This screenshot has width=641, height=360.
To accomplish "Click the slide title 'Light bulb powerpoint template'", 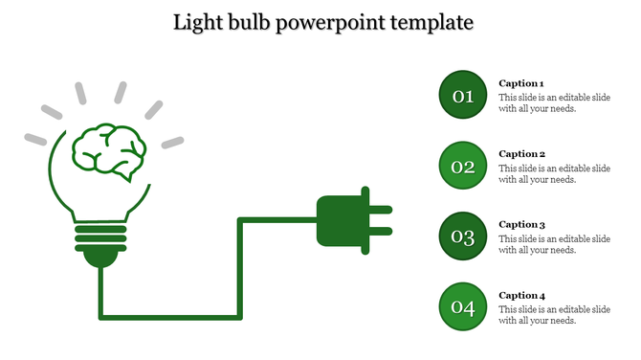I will click(323, 21).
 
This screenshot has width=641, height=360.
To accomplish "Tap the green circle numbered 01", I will click(463, 95).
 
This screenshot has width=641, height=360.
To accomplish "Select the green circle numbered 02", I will click(463, 166).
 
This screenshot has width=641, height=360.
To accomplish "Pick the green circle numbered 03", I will click(463, 236).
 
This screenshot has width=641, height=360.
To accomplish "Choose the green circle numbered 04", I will click(463, 306).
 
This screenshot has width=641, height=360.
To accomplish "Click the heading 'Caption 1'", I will click(521, 83).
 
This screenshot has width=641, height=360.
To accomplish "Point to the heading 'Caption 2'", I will click(521, 153).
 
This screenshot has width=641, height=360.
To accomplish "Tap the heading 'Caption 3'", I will click(521, 224).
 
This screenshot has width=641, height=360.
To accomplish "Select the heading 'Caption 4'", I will click(521, 295).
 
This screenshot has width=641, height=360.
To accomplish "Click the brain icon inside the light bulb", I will click(108, 151).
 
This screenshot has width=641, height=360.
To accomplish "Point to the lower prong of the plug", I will click(379, 231).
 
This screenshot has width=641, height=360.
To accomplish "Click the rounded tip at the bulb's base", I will click(99, 257).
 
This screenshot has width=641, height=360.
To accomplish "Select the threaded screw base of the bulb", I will click(99, 236).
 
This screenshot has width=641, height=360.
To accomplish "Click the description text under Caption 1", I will click(554, 102).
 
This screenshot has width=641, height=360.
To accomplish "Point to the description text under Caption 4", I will click(554, 314).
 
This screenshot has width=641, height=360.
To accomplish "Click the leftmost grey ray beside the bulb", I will click(35, 139).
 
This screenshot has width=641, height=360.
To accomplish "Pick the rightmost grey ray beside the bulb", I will click(172, 143).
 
